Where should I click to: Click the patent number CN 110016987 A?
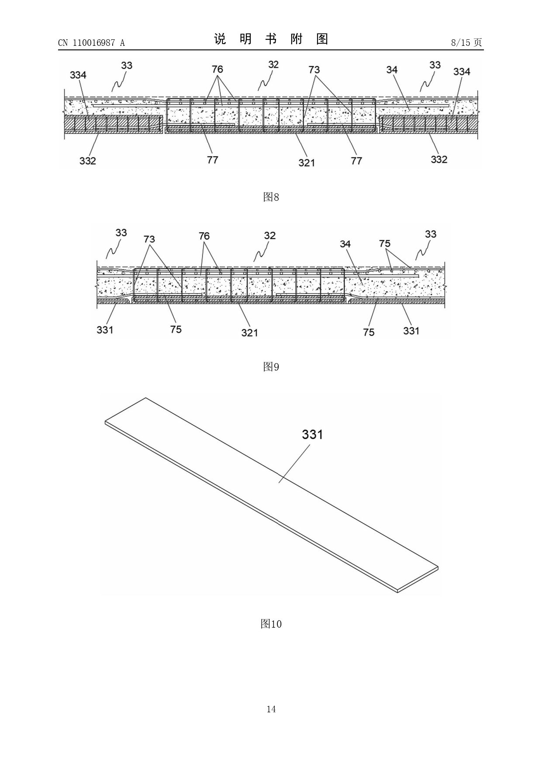click(91, 43)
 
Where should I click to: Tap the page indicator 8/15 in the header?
click(460, 42)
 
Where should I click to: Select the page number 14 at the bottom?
click(271, 709)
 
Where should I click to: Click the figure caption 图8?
click(271, 197)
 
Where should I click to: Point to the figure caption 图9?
click(271, 367)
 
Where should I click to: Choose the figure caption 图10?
click(271, 624)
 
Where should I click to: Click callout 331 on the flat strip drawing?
click(312, 434)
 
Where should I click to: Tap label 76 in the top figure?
click(217, 69)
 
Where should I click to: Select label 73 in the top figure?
click(314, 69)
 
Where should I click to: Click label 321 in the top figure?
click(307, 162)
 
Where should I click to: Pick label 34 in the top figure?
click(392, 69)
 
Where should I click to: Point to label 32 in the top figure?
click(273, 64)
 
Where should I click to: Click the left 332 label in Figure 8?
click(87, 161)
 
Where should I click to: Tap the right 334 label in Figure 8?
click(462, 72)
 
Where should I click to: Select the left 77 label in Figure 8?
click(212, 160)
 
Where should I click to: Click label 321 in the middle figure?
click(250, 333)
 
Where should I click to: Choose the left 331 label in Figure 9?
click(105, 330)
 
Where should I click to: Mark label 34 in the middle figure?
click(345, 244)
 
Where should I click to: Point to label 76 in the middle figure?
click(204, 236)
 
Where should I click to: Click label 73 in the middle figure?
click(149, 239)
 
